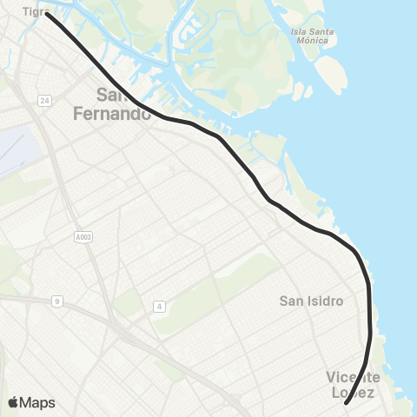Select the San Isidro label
pyautogui.click(x=311, y=301)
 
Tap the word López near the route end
pyautogui.click(x=353, y=393)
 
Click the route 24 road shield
pyautogui.click(x=44, y=101)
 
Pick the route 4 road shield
pyautogui.click(x=159, y=306)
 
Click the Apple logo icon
pyautogui.click(x=13, y=402)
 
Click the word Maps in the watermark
pyautogui.click(x=39, y=403)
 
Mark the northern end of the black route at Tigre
pyautogui.click(x=48, y=14)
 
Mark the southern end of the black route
pyautogui.click(x=346, y=403)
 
